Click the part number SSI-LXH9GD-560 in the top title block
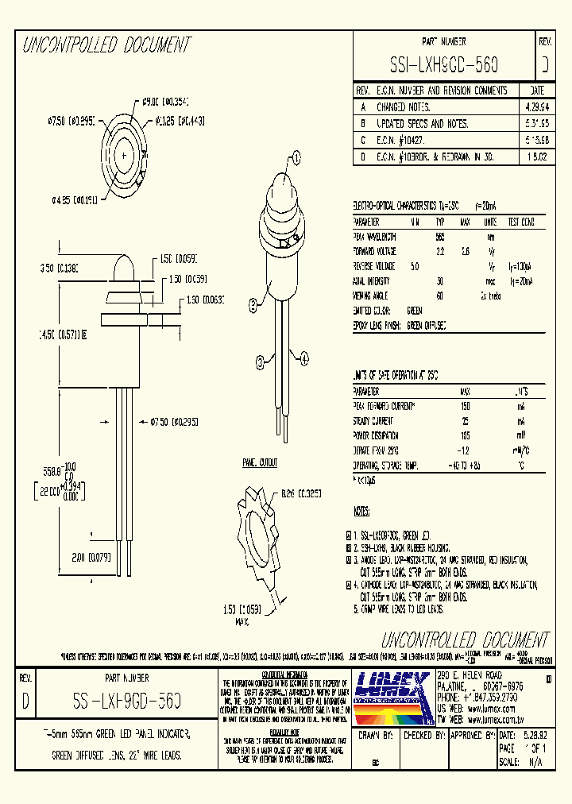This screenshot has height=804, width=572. coord(444,64)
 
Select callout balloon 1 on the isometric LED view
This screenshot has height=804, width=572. coord(297,158)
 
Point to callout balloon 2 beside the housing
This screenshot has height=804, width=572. coord(253,303)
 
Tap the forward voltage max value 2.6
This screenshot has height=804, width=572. coord(466,251)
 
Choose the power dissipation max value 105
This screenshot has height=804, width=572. coord(466,435)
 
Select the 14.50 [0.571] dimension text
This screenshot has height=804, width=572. coord(65,334)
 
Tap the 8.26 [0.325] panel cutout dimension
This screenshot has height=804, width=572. coord(300,493)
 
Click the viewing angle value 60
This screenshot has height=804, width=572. coord(439,296)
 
